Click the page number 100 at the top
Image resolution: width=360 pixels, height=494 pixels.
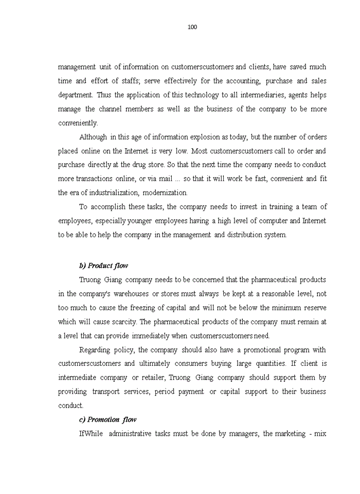click(192, 27)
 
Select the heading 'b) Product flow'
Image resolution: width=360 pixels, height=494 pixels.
click(103, 266)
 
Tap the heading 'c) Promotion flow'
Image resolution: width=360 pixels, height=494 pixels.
click(107, 419)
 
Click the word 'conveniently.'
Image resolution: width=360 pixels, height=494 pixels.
click(78, 123)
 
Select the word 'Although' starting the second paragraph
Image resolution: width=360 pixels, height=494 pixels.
click(93, 137)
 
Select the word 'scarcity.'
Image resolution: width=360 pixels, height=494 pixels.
click(122, 322)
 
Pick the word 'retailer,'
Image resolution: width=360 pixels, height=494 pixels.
click(150, 378)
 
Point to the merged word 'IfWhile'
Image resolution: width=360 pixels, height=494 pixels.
click(91, 434)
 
